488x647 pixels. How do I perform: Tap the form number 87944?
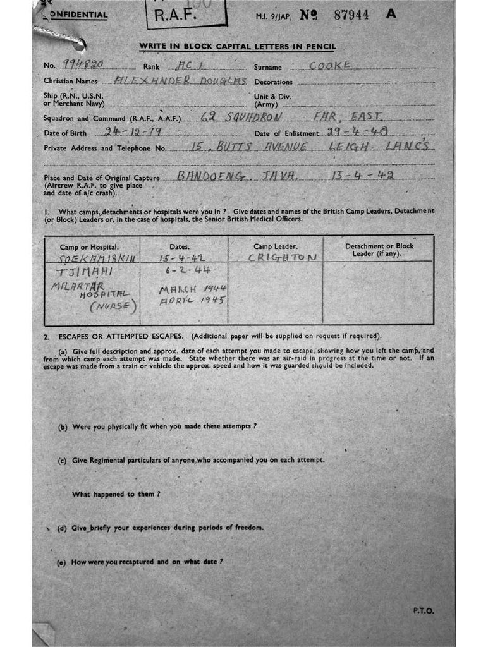point(351,15)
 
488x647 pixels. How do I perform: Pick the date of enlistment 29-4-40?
point(357,132)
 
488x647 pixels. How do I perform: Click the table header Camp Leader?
point(276,246)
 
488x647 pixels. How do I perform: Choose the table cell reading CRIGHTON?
point(282,258)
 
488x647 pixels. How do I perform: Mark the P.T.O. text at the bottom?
point(424,610)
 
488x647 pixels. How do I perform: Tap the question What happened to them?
point(116,493)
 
